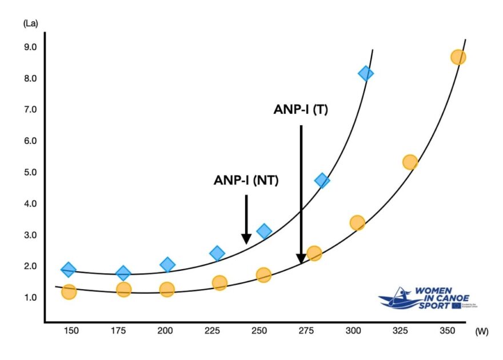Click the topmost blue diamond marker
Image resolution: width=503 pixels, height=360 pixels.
point(365,73)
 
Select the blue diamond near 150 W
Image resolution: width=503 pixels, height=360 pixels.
point(69,269)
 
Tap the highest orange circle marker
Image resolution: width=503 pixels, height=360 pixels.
point(458,57)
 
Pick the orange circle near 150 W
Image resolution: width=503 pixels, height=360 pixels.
point(69,292)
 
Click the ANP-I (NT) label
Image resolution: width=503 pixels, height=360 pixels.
point(246,180)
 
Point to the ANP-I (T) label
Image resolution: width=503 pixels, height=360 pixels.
point(301,110)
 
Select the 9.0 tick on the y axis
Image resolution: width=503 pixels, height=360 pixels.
point(30,47)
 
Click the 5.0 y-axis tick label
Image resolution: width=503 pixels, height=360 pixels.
point(30,172)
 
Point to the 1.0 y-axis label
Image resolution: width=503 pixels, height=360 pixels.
point(30,297)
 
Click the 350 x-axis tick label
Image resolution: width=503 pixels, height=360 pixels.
point(438,331)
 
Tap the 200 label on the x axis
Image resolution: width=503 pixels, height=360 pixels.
point(165,331)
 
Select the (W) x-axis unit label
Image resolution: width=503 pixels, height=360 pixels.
point(481,332)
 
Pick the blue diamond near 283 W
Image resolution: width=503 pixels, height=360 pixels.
point(322,181)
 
